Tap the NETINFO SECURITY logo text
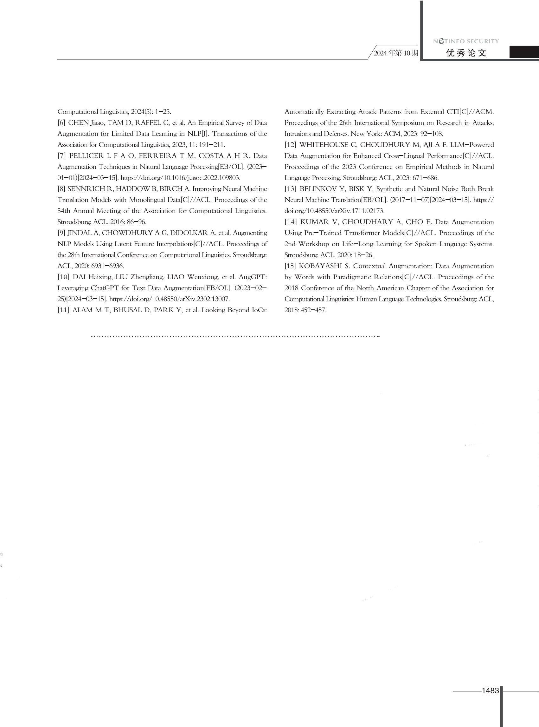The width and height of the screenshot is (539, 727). pos(466,41)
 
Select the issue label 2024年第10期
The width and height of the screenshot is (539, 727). pos(396,53)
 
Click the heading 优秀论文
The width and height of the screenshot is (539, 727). pos(466,53)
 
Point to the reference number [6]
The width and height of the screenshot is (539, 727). pos(61,123)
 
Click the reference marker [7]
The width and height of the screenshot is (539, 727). pos(62,156)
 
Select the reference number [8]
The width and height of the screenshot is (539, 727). pos(61,189)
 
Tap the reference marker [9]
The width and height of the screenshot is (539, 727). pos(61,233)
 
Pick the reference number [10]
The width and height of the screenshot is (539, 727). pos(63,277)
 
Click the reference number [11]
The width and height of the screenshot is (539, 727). pos(63,310)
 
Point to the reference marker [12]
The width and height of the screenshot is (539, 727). pos(290,145)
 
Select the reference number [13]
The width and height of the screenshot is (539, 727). pos(290,189)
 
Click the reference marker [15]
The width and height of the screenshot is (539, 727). pos(290,266)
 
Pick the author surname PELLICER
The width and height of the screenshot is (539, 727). pos(86,156)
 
